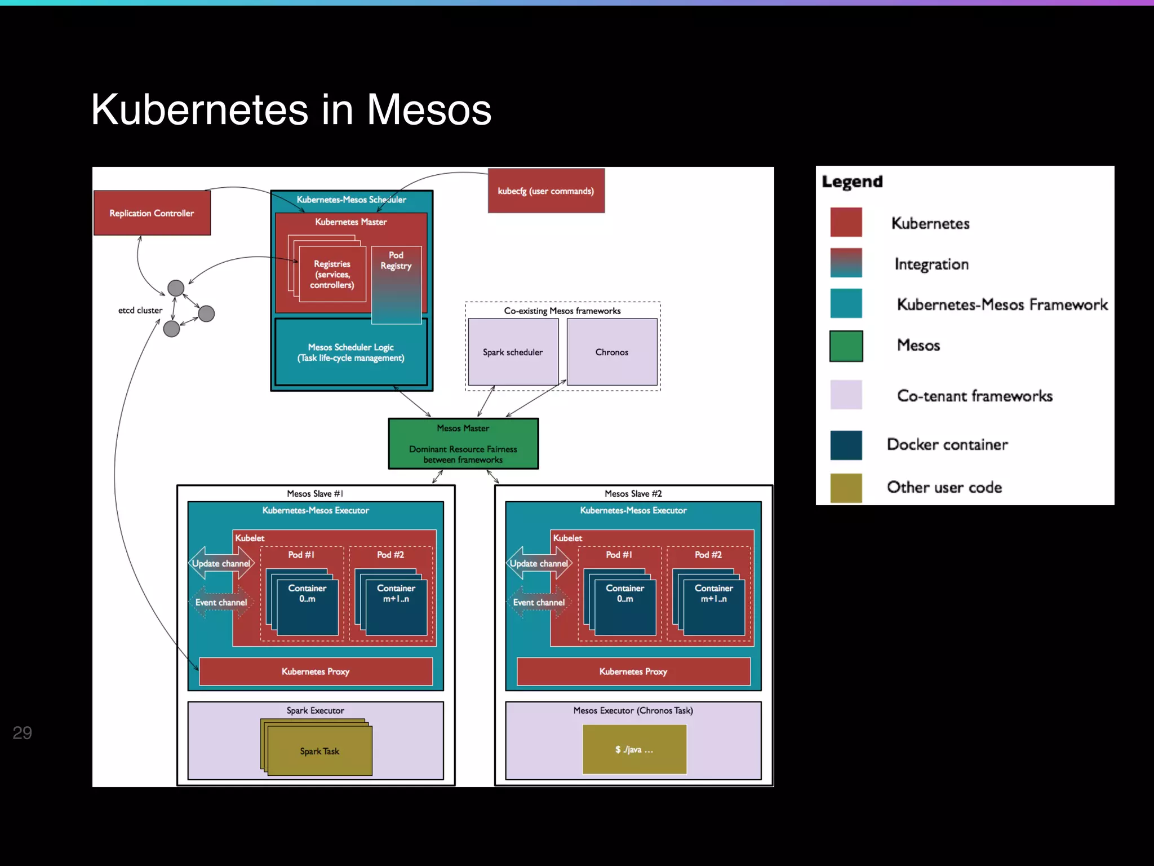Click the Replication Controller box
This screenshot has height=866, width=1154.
152,213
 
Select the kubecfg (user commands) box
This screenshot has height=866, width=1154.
545,191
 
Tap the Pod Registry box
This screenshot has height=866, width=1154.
396,285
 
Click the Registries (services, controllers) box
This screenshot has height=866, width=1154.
332,275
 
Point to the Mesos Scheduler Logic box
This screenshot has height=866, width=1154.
350,352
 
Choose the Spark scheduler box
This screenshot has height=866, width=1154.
513,352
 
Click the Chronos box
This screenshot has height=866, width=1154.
611,352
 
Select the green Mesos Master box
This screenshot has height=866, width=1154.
463,444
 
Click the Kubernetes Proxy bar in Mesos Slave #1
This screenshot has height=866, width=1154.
316,671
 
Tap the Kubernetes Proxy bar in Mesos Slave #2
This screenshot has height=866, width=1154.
633,671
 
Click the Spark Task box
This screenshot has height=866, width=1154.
319,751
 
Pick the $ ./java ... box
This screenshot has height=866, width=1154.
634,749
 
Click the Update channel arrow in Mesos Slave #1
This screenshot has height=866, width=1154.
221,563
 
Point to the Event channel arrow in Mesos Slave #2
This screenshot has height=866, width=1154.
539,602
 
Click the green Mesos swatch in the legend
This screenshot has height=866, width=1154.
846,346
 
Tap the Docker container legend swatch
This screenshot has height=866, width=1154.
846,445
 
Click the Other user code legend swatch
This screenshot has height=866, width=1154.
846,488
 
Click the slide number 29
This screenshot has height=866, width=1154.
23,732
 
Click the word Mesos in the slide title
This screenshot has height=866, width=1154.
429,109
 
